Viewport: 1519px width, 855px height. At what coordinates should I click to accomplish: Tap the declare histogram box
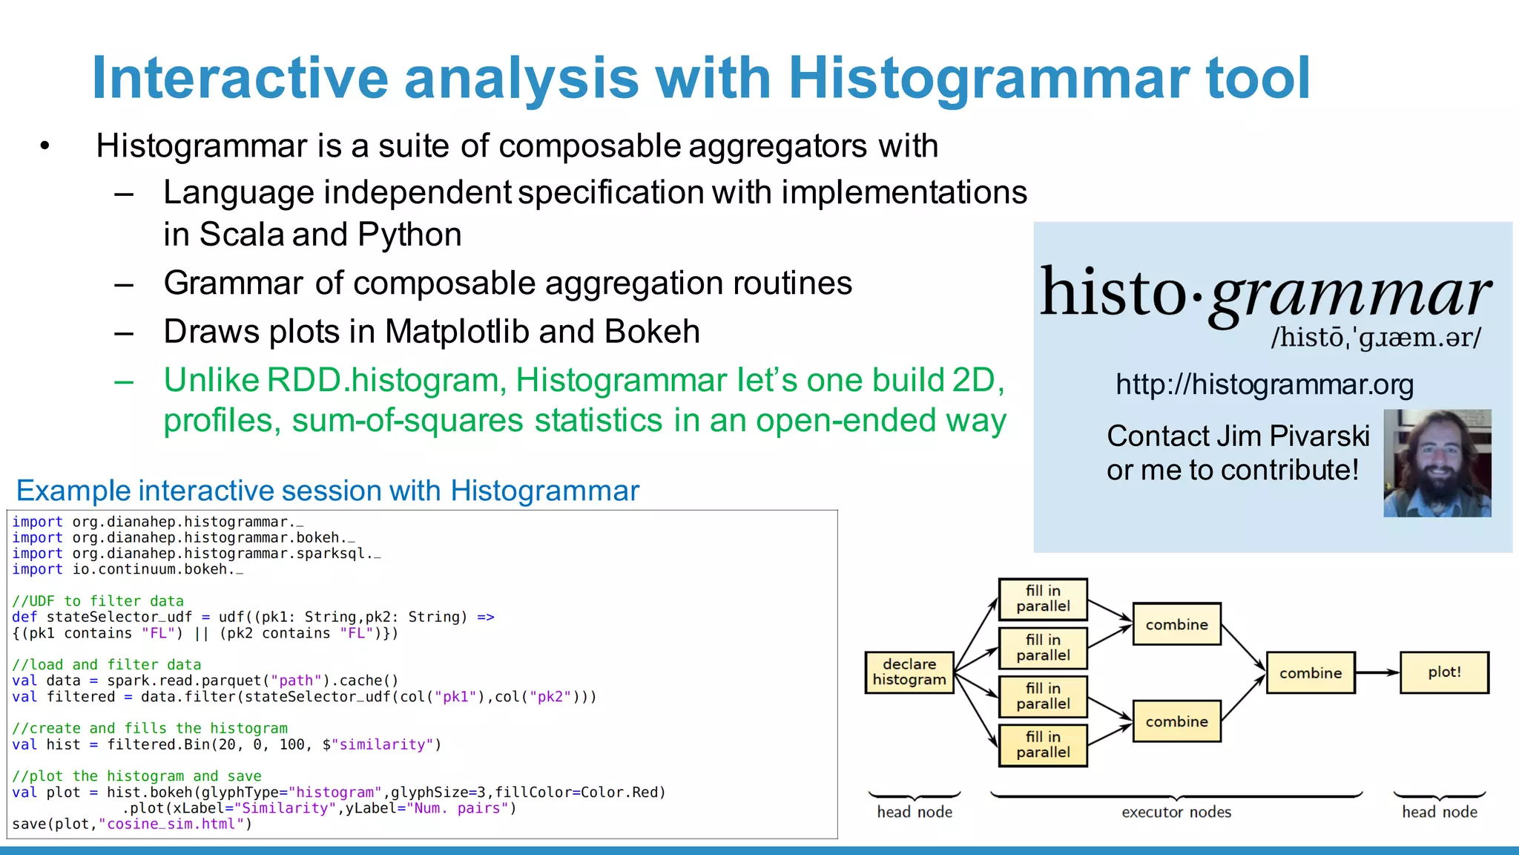[909, 672]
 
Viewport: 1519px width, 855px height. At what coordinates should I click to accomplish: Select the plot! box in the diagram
[1443, 672]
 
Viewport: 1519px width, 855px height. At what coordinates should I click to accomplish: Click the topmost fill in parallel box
[1043, 599]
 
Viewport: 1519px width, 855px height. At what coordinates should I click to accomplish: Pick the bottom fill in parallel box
[1043, 745]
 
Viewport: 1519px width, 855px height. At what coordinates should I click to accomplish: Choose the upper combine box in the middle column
[1176, 624]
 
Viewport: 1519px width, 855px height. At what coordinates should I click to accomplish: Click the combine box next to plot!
[1310, 673]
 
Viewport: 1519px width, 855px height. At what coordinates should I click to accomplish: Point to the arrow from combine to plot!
[1377, 672]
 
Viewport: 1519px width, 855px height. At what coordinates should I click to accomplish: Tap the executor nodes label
[1176, 812]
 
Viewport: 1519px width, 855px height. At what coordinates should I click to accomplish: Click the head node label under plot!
[1439, 812]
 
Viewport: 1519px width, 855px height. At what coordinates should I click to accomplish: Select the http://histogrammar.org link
[1265, 384]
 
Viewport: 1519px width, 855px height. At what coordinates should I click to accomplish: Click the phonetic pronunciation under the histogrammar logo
[1376, 338]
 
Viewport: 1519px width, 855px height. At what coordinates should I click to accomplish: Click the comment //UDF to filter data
[98, 601]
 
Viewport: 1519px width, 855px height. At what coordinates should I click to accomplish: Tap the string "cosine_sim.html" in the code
[171, 824]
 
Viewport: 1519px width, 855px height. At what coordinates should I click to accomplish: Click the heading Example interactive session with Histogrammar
[327, 491]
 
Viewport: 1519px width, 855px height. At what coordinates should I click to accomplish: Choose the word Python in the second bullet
[409, 235]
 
